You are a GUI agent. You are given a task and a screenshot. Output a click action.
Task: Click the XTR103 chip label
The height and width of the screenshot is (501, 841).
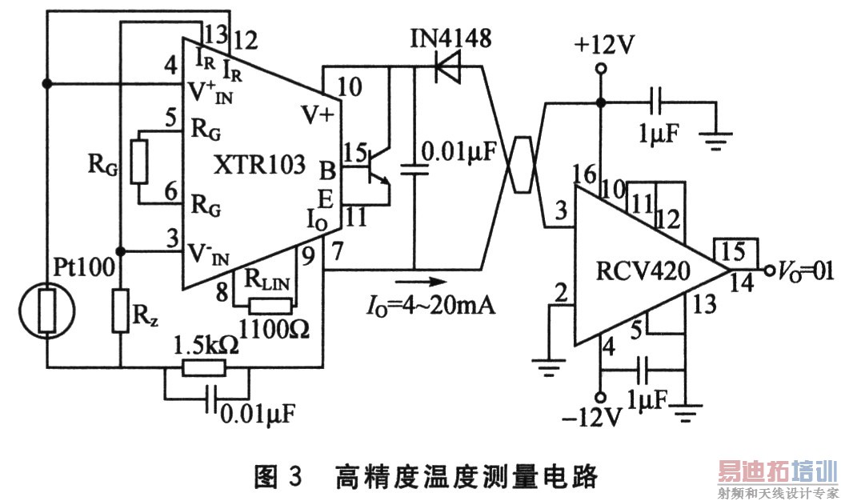(260, 165)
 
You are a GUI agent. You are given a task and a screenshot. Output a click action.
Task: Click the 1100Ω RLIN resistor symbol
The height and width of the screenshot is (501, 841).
(265, 306)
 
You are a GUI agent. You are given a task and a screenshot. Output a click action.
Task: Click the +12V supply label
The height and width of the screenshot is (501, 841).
(603, 46)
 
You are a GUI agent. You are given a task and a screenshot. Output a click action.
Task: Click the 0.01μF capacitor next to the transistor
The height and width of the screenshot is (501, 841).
(414, 169)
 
